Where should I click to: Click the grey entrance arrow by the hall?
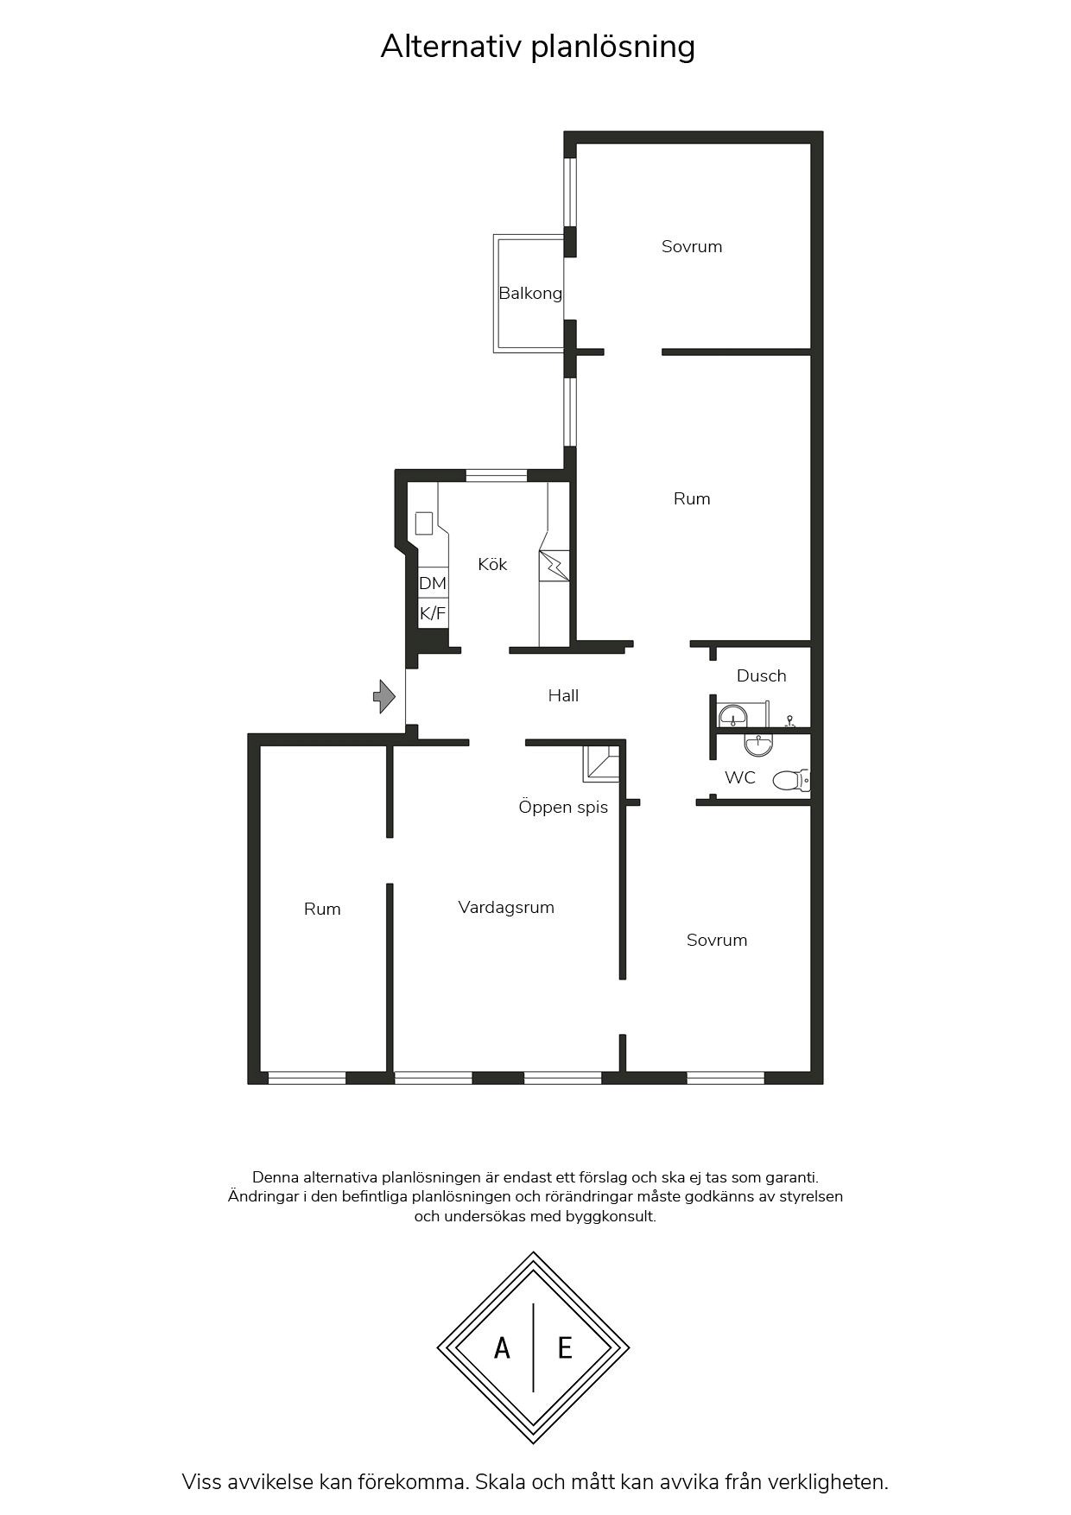pos(384,696)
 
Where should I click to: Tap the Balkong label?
pos(530,294)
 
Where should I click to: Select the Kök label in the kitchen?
pos(492,564)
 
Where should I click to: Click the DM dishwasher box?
pos(433,583)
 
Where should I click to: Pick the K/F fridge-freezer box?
pos(433,613)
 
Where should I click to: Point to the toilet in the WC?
pos(790,781)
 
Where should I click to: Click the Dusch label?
pos(762,675)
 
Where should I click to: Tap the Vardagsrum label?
pos(506,908)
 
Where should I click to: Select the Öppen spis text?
pos(563,808)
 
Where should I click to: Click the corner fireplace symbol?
pos(602,764)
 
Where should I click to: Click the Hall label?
pos(563,695)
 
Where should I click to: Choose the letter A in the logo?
pos(502,1347)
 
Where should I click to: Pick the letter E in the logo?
pos(565,1347)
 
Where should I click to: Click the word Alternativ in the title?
pos(451,47)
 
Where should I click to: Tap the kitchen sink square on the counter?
pos(423,523)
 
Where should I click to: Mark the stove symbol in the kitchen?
pos(554,566)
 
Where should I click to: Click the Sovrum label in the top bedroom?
pos(692,247)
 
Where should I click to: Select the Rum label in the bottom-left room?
pos(322,910)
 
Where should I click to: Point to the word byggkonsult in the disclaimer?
pos(611,1216)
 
